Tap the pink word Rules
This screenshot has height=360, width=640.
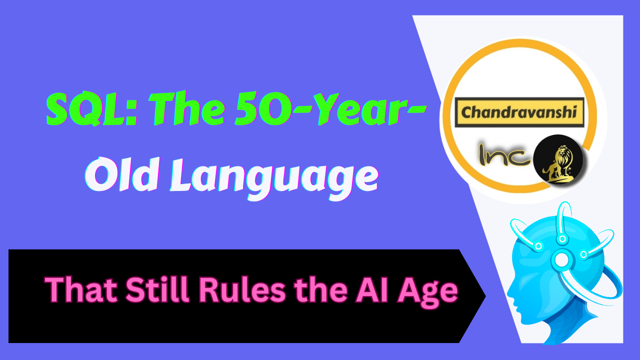coord(239,289)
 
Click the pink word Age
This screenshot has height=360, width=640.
coord(430,291)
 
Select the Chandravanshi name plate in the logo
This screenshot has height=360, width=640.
coord(521,111)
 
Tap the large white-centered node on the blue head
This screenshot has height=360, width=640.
coord(561,259)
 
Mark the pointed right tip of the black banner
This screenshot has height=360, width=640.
coord(483,296)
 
